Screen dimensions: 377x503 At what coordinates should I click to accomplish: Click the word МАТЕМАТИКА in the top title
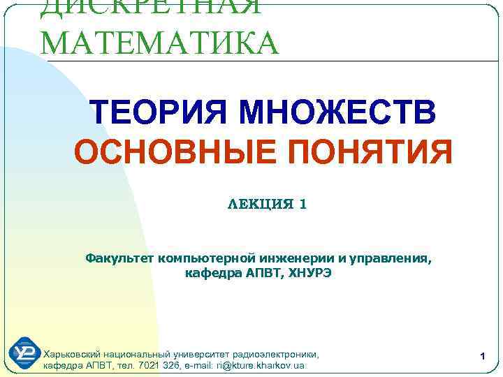pos(159,43)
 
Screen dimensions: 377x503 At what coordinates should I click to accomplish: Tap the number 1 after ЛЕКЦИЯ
pos(302,205)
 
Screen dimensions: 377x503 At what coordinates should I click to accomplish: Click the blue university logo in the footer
pos(23,353)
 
